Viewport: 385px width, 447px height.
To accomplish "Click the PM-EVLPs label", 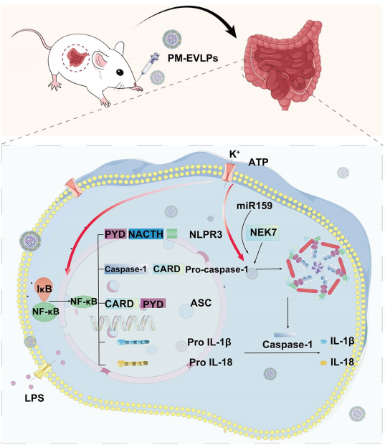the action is click(x=193, y=58).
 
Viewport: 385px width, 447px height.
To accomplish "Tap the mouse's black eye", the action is click(x=120, y=72).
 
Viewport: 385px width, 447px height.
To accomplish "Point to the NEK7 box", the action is click(x=263, y=233).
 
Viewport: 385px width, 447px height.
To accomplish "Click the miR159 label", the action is click(x=255, y=206).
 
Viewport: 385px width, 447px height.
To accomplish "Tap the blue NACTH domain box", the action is click(x=146, y=234).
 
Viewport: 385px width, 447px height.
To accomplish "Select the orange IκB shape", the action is click(x=44, y=289).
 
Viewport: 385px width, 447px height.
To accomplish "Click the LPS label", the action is click(x=34, y=398).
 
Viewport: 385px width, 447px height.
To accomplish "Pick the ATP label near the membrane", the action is click(x=258, y=162).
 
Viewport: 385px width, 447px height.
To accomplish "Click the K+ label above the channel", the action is click(x=234, y=154).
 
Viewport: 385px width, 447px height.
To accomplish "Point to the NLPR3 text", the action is click(x=206, y=235).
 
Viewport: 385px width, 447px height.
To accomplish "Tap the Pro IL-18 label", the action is click(x=211, y=362).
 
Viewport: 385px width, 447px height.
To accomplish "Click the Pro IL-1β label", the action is click(x=209, y=342).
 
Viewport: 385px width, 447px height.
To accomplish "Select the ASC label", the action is click(x=201, y=303).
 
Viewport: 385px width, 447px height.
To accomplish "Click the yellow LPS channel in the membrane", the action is click(x=42, y=370).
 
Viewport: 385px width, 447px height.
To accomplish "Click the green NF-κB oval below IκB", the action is click(x=46, y=312).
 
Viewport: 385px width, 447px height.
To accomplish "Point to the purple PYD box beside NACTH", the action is click(x=115, y=234).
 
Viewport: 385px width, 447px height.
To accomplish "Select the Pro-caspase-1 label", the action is click(x=217, y=269).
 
